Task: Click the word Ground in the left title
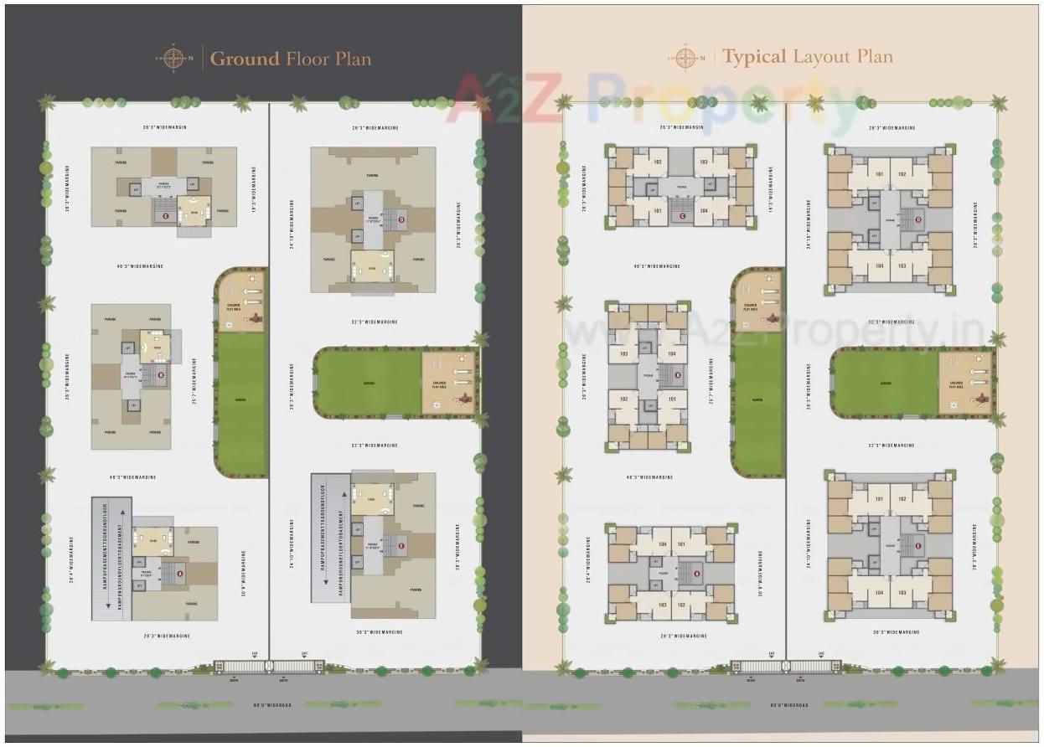coord(244,59)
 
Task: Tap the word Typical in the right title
coord(754,58)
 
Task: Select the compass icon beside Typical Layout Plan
coord(686,58)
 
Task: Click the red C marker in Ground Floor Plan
coord(165,216)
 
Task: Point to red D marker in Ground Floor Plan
coord(401,220)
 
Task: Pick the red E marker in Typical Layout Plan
coord(918,546)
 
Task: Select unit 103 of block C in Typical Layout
coord(703,162)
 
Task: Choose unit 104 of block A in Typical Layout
coord(663,544)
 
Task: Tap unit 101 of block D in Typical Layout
coord(879,174)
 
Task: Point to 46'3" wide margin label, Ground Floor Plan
coord(140,266)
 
